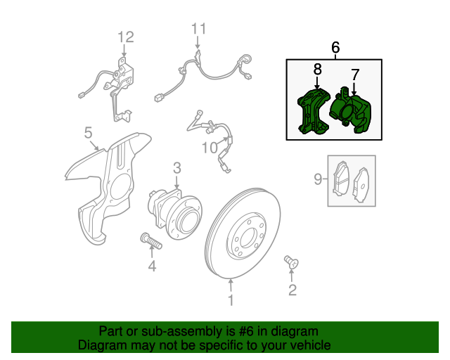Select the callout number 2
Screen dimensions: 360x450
click(292, 289)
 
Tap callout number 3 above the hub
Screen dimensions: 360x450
click(176, 167)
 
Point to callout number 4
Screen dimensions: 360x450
click(152, 266)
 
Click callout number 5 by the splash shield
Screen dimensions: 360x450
click(89, 132)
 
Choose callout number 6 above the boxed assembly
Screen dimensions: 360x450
click(335, 48)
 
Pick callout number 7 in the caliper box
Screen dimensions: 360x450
click(355, 74)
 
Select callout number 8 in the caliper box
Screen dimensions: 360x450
click(317, 69)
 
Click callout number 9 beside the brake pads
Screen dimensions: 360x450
click(317, 180)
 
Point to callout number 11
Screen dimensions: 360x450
click(199, 29)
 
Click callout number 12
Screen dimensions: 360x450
click(124, 37)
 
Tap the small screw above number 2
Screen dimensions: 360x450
click(291, 262)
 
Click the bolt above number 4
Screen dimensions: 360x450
click(151, 241)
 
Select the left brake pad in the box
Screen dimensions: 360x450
click(341, 180)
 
